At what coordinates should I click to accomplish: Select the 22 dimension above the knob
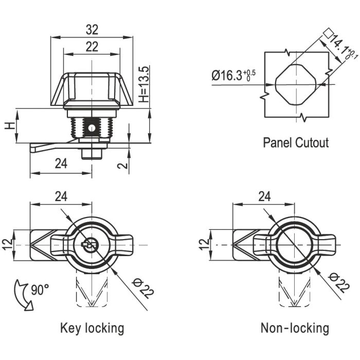92,47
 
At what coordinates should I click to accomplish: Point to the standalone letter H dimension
9,125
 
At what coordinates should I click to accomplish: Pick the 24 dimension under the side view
61,164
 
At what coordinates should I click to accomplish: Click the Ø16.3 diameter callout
233,76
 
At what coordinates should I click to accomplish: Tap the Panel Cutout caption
295,142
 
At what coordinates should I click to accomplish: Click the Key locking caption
92,328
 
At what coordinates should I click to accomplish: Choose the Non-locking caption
294,328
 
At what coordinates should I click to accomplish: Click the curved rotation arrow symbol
23,294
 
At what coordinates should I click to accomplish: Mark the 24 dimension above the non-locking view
264,196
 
